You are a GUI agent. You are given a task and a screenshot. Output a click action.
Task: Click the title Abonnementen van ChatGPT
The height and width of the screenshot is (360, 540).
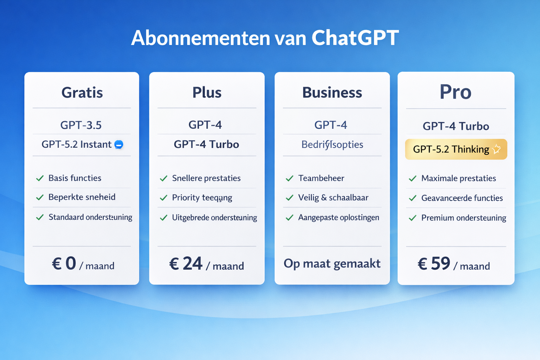[x=265, y=38]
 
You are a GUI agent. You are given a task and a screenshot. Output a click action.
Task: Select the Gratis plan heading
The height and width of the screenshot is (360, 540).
[x=82, y=92]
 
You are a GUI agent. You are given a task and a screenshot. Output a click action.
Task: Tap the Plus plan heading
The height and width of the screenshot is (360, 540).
[x=207, y=92]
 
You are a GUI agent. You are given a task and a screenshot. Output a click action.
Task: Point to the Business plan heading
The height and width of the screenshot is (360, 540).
[x=332, y=92]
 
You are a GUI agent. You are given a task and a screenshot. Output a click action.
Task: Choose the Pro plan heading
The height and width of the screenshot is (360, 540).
[x=455, y=92]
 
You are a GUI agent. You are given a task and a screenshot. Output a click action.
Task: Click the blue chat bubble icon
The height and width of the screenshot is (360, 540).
[x=119, y=144]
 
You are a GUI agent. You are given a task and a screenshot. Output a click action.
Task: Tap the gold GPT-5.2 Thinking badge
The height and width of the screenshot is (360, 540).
[x=456, y=149]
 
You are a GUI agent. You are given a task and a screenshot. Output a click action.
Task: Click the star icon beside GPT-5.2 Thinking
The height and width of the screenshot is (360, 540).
[x=496, y=149]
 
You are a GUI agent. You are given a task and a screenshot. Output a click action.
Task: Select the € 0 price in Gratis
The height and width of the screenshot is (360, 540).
[x=64, y=264]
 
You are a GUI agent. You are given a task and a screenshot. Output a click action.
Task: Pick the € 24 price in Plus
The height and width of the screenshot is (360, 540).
[x=186, y=264]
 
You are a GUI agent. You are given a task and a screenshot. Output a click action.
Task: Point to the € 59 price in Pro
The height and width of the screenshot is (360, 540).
[x=434, y=264]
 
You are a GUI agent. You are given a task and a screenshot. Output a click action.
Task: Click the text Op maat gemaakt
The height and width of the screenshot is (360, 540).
[x=332, y=263]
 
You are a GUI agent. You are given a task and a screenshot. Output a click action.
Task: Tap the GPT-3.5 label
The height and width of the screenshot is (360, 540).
[x=81, y=125]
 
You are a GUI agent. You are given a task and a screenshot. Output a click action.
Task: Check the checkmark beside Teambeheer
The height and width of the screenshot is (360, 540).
[x=289, y=179]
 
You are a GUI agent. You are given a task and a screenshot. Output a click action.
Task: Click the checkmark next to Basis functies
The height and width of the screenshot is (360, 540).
[x=40, y=178]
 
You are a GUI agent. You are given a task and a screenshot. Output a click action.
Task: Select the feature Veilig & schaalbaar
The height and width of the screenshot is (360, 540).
[x=333, y=198]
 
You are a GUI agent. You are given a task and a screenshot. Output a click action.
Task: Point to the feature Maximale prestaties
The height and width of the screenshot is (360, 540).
[x=458, y=178]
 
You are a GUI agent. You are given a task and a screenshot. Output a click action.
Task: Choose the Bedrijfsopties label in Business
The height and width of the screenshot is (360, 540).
[x=332, y=144]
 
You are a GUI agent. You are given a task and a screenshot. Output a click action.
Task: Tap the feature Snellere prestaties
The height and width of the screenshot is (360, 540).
[x=206, y=178]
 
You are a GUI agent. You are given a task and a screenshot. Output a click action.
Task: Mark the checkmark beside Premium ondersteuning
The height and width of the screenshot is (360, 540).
[x=412, y=218]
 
